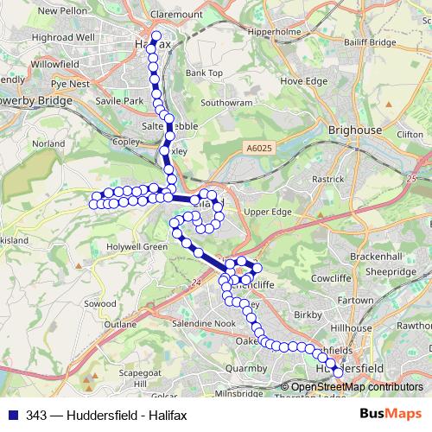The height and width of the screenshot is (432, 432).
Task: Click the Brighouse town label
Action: (x=355, y=130)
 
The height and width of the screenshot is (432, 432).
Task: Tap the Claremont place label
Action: (x=175, y=15)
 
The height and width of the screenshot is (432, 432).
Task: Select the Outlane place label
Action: (x=121, y=325)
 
